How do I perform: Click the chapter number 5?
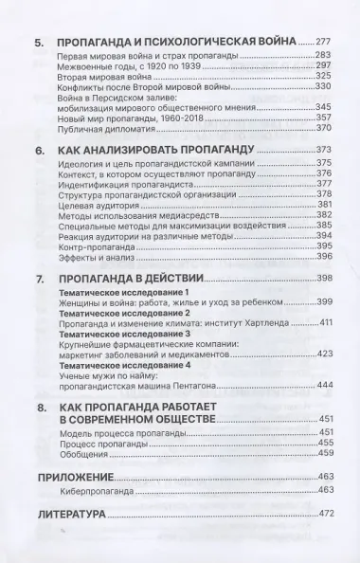coord(38,44)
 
